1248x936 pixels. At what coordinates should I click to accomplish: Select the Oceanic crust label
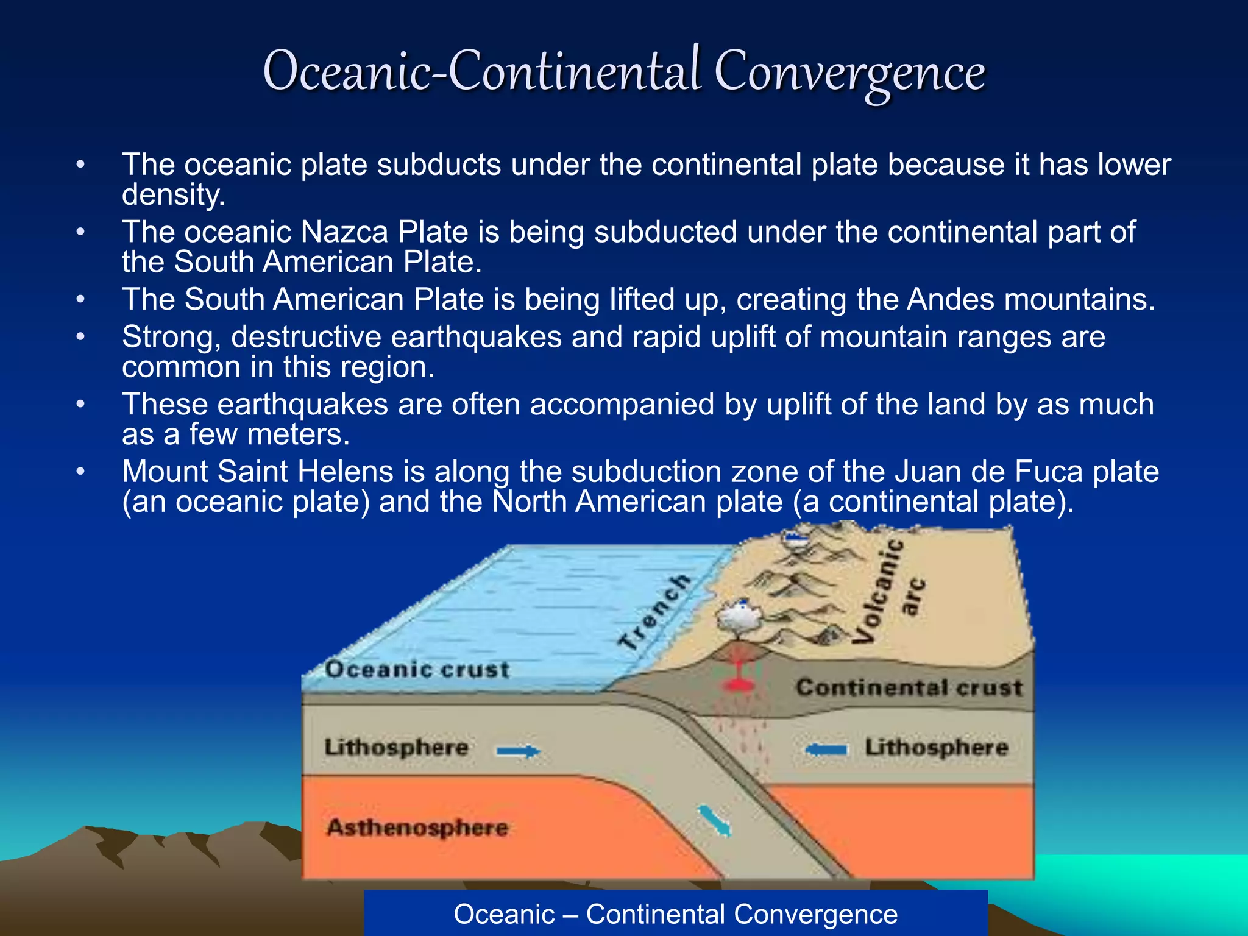tap(417, 670)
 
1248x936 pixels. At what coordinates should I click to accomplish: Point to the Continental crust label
tap(909, 688)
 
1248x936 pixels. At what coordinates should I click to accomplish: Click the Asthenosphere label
tap(417, 828)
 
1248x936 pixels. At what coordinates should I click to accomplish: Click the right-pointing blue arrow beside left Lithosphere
tap(518, 751)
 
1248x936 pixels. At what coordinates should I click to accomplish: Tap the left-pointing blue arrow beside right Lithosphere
tap(826, 750)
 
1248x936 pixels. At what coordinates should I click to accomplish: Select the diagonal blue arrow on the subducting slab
tap(714, 821)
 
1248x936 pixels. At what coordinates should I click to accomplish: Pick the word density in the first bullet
tap(173, 196)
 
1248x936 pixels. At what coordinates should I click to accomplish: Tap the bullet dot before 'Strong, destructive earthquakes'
tap(80, 337)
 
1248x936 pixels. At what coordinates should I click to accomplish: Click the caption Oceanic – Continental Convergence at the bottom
tap(675, 914)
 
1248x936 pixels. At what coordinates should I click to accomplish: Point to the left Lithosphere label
tap(396, 748)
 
